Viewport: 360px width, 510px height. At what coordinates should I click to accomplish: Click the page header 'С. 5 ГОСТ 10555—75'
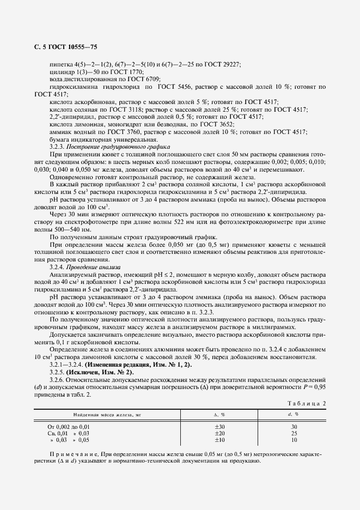click(66, 48)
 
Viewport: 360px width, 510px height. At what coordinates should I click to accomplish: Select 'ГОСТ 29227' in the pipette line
click(224, 64)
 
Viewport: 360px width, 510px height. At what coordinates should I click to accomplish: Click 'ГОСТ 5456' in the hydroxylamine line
click(175, 87)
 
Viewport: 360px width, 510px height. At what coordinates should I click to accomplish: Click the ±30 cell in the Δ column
click(219, 427)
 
